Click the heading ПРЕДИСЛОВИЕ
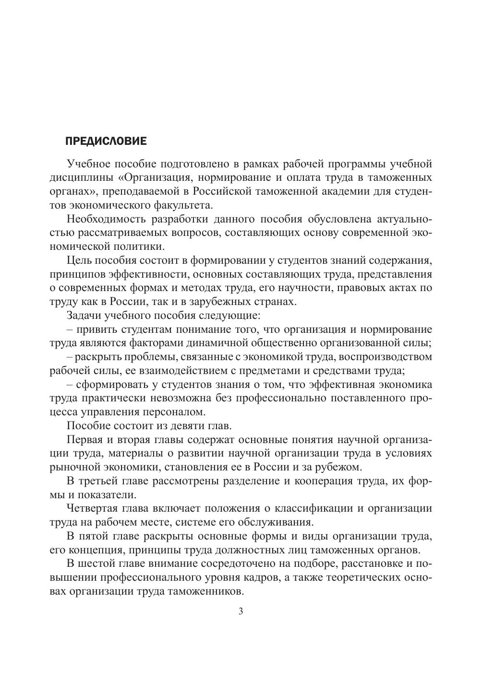pyautogui.click(x=105, y=141)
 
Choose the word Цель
pyautogui.click(x=79, y=261)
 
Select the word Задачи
pyautogui.click(x=83, y=316)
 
